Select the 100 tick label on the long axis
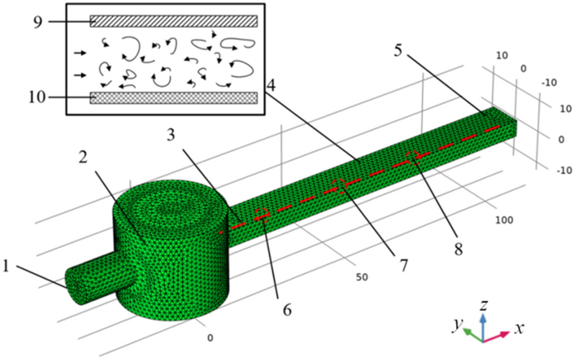point(507,220)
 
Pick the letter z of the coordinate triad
point(485,305)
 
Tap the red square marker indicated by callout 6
point(262,215)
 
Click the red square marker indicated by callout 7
point(339,184)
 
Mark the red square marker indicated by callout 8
point(416,154)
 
